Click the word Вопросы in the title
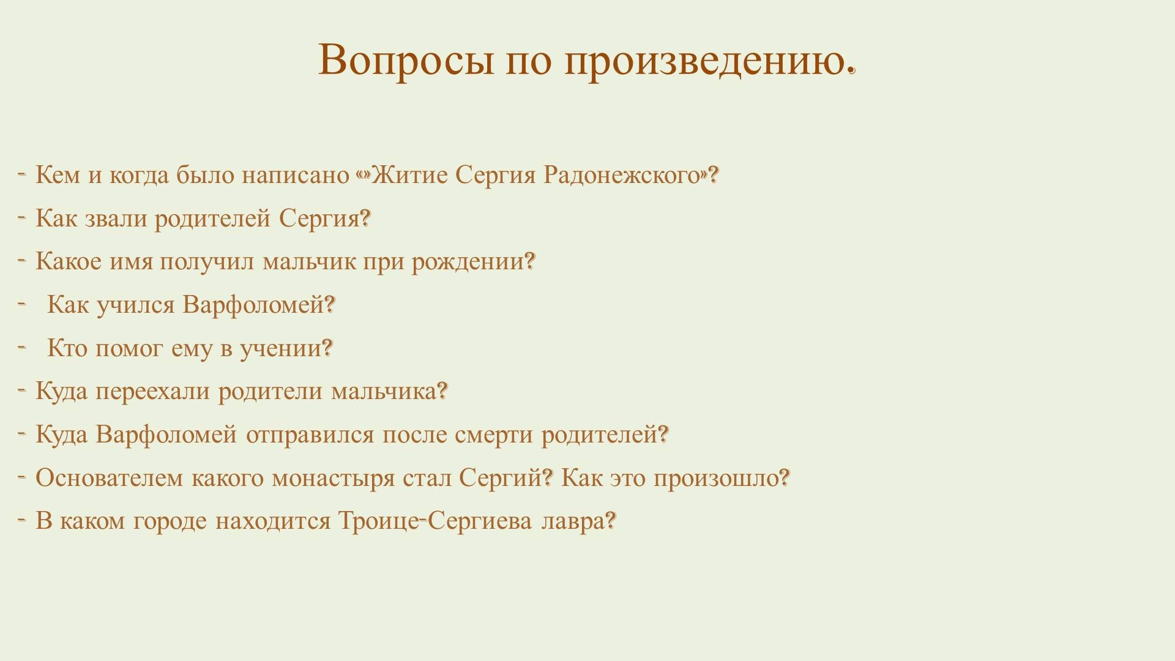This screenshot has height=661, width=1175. point(406,60)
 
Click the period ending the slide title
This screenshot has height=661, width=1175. point(850,72)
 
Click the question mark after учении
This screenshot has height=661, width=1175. point(327,348)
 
